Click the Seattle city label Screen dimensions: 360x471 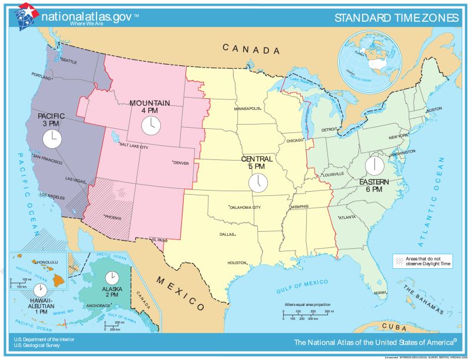tap(69, 61)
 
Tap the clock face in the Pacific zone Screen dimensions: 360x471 tap(52, 139)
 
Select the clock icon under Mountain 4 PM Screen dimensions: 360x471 tap(151, 125)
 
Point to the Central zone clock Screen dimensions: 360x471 tap(257, 182)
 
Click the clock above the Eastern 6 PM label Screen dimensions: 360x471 tap(374, 164)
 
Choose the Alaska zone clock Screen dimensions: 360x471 tap(111, 277)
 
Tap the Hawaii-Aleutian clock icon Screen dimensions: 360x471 tap(40, 290)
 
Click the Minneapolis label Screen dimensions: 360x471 tap(248, 109)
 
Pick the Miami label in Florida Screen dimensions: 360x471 tap(380, 292)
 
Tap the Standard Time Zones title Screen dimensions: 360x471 tap(396, 18)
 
